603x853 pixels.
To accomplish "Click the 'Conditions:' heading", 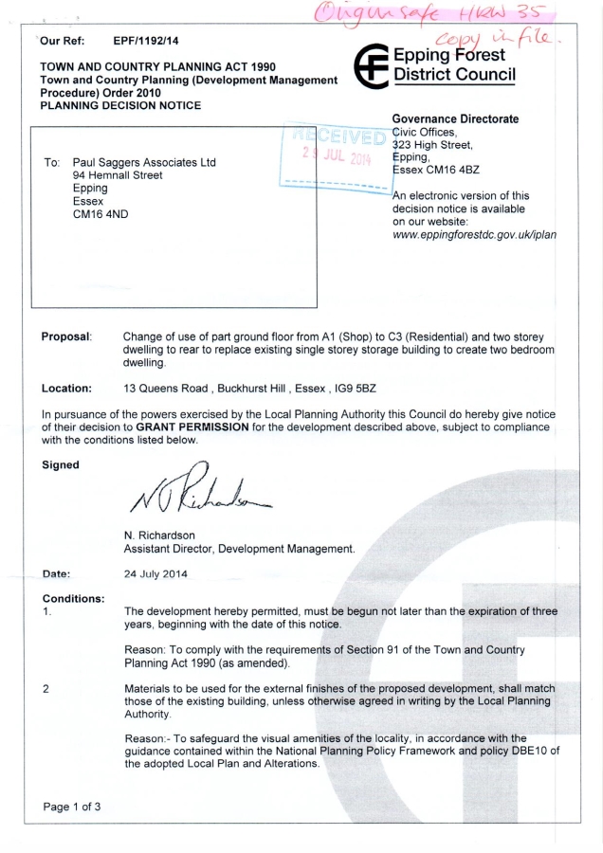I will pyautogui.click(x=75, y=599).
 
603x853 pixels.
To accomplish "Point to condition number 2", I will pyautogui.click(x=45, y=690).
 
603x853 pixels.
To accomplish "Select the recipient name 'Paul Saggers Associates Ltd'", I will pyautogui.click(x=144, y=162).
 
